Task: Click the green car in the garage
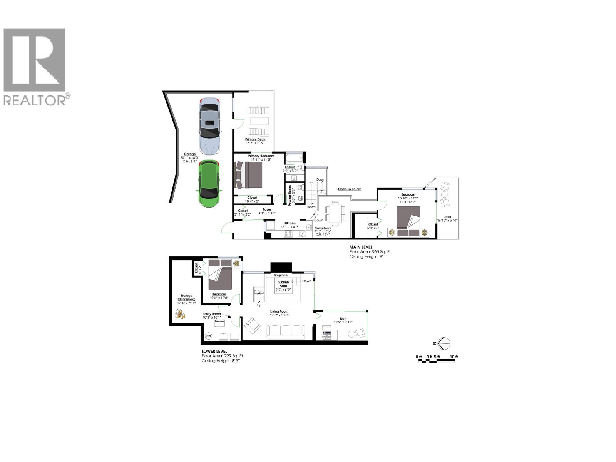coord(208,183)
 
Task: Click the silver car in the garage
coord(210,126)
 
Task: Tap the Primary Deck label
coord(255,139)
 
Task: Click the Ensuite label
coord(290,167)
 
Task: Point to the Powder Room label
coord(290,194)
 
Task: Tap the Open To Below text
coord(349,189)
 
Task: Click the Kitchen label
coord(290,223)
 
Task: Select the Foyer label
coord(267,210)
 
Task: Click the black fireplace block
coord(281,267)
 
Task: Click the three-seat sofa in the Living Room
coord(286,331)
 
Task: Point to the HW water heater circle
coord(209,336)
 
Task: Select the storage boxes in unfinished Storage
coord(180,315)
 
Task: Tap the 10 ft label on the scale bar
coord(454,357)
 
